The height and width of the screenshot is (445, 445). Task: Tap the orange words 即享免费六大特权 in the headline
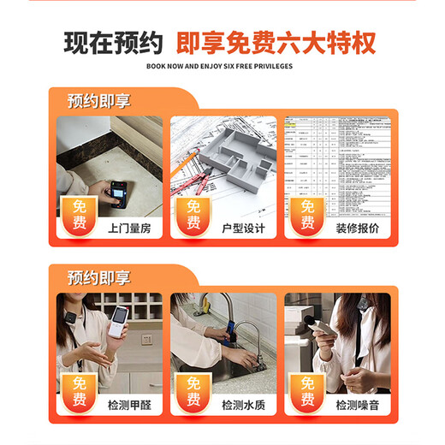point(276,43)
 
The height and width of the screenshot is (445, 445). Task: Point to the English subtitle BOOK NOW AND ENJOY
point(219,65)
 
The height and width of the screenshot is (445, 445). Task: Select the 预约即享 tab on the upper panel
point(99,101)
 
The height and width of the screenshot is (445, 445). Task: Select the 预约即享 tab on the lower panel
point(99,277)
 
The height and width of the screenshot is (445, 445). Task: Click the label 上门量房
point(128,228)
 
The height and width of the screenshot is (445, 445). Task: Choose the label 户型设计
point(243,228)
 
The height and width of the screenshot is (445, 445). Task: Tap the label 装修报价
point(357,228)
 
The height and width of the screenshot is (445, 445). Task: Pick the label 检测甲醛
point(128,405)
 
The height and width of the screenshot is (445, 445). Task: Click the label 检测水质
point(243,405)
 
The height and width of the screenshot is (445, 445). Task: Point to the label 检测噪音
point(357,405)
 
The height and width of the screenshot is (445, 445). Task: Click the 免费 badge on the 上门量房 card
point(79,217)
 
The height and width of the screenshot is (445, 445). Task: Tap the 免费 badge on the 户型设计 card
point(193,217)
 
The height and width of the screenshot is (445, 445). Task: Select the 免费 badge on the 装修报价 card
point(307,217)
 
